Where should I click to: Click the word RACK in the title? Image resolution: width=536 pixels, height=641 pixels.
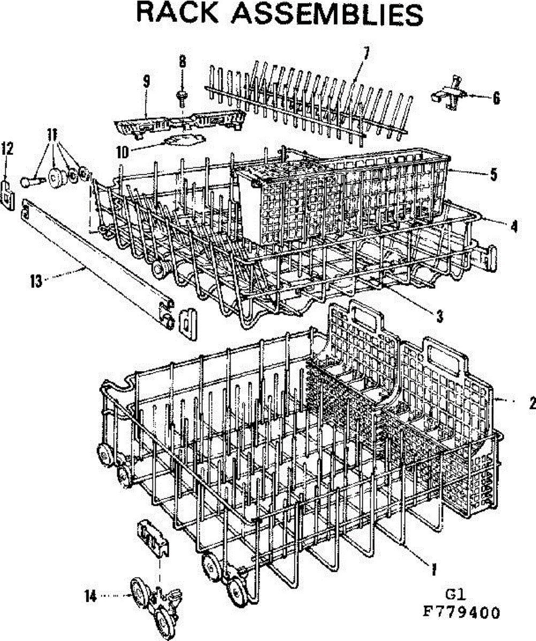coord(177,13)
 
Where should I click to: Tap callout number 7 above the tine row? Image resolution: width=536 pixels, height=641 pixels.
coord(366,53)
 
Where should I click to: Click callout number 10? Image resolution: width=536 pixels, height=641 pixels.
coord(122,152)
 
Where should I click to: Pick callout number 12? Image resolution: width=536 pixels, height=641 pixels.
coord(7,148)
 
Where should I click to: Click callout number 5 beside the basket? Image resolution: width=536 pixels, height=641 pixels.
coord(493,174)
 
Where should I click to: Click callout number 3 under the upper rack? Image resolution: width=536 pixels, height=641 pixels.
coord(439,316)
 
